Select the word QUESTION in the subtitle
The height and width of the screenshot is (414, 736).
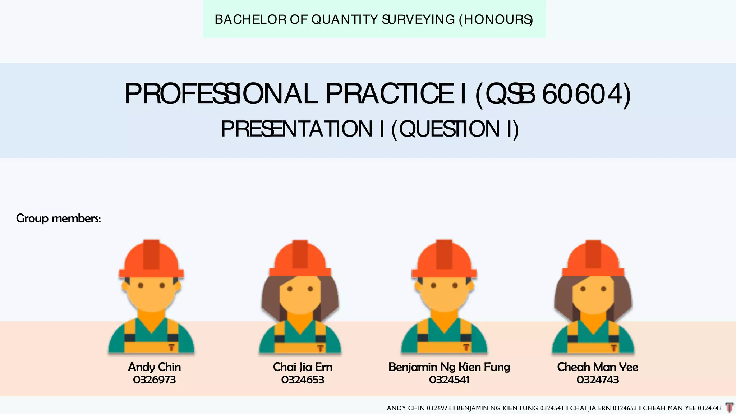449,129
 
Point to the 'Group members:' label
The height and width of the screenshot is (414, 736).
59,218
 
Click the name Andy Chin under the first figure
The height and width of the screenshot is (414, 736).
155,367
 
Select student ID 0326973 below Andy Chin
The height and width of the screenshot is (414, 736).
155,380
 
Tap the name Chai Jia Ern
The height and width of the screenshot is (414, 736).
303,367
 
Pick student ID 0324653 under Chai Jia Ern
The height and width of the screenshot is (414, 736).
303,380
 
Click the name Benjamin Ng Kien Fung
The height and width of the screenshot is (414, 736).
449,367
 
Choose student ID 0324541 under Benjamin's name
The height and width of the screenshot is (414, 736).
449,380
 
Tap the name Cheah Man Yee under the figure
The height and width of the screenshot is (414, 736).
598,367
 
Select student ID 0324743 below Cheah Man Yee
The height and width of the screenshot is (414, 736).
598,380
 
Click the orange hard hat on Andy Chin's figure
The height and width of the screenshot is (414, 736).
151,259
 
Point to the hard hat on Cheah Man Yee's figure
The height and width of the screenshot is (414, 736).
593,259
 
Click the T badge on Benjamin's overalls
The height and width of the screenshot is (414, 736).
466,348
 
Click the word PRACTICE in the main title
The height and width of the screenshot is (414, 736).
390,94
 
